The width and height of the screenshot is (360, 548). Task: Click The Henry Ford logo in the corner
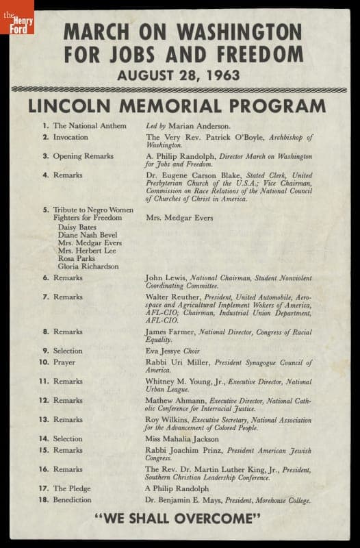pyautogui.click(x=16, y=16)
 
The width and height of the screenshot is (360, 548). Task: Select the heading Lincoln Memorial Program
pyautogui.click(x=177, y=106)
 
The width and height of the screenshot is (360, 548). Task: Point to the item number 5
pyautogui.click(x=45, y=210)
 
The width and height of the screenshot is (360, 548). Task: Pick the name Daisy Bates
pyautogui.click(x=77, y=227)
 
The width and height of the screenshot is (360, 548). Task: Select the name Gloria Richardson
pyautogui.click(x=88, y=266)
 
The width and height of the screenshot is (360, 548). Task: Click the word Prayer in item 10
pyautogui.click(x=64, y=362)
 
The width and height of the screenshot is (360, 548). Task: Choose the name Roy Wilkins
pyautogui.click(x=165, y=420)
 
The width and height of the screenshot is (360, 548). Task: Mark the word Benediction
pyautogui.click(x=73, y=500)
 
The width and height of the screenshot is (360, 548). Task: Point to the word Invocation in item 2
pyautogui.click(x=71, y=137)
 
